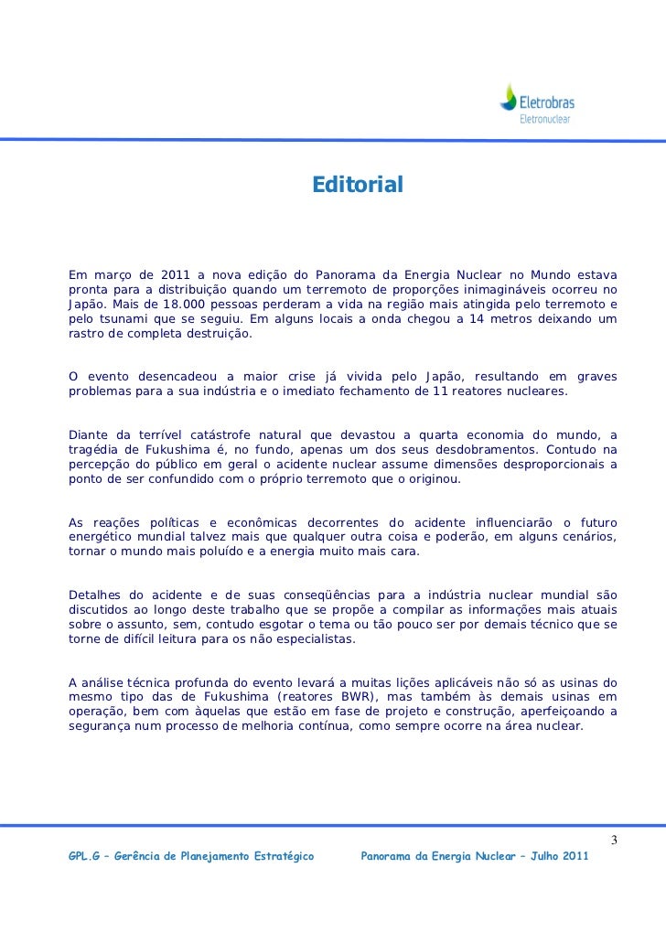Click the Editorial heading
[x=357, y=186]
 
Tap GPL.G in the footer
[x=85, y=858]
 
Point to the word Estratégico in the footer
[x=282, y=858]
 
